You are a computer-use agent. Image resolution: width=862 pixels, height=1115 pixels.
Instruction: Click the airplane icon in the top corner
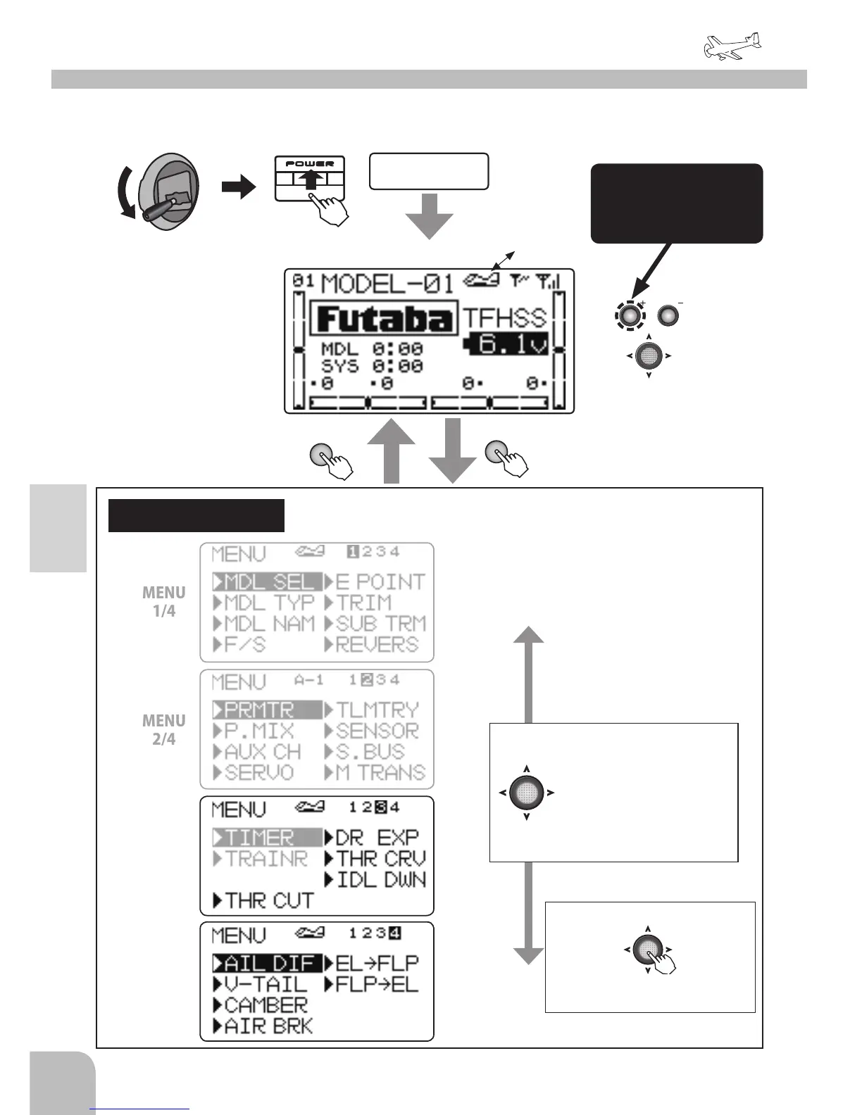[x=732, y=46]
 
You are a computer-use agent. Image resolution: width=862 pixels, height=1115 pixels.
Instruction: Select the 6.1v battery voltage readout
[x=506, y=345]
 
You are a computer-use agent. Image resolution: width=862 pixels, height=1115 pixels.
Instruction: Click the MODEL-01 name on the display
[x=387, y=284]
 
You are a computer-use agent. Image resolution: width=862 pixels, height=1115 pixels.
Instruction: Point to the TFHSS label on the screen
[x=504, y=318]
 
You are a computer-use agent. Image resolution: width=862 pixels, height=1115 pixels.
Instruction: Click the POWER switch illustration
[x=309, y=179]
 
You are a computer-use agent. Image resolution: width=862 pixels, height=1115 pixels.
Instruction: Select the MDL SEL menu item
[x=268, y=582]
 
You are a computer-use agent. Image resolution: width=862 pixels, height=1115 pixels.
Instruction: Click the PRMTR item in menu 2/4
[x=259, y=710]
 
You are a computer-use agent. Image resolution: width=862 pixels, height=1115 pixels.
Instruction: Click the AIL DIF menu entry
[x=268, y=963]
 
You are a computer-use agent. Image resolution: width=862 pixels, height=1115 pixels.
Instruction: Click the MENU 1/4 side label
[x=164, y=602]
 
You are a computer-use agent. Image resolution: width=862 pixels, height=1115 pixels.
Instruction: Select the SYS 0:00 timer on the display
[x=372, y=366]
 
